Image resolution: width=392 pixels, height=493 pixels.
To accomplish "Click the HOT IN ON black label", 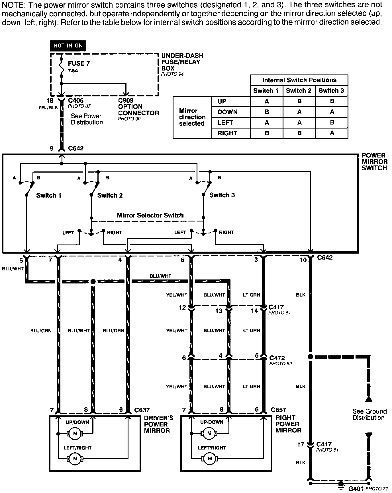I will tap(68, 46).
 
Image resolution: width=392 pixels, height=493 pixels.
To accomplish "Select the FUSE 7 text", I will tap(79, 63).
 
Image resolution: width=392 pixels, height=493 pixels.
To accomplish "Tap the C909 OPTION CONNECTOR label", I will tap(138, 107).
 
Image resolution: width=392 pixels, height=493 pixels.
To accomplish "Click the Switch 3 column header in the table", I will tap(331, 91).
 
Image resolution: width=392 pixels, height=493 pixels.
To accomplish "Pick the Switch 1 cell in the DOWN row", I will tap(267, 112).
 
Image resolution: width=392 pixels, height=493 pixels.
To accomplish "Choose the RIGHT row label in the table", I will tap(227, 133).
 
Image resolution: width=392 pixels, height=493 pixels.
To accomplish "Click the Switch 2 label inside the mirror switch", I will tap(110, 195).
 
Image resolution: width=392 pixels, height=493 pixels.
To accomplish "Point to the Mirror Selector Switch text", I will tap(150, 215).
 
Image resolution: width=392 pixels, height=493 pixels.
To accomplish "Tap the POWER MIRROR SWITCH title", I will tap(374, 161).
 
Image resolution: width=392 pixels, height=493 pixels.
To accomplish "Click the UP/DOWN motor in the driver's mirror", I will tap(75, 434).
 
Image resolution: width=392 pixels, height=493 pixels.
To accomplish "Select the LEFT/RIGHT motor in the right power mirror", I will tap(210, 458).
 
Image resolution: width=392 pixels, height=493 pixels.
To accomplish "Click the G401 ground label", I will tap(356, 489).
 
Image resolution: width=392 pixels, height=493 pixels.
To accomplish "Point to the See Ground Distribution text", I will tap(369, 415).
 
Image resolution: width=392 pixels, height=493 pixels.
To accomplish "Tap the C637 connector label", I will tap(142, 410).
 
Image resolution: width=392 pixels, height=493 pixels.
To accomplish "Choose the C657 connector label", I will tap(278, 410).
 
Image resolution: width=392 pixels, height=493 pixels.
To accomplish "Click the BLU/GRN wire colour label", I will tap(41, 331).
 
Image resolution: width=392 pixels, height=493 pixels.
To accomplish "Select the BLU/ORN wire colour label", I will tap(113, 331).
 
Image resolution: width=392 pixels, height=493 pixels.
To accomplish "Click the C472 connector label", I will tap(277, 358).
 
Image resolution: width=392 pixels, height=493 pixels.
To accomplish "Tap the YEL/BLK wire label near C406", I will tap(48, 107).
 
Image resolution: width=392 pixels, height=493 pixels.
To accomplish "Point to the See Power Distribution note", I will tap(87, 119).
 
